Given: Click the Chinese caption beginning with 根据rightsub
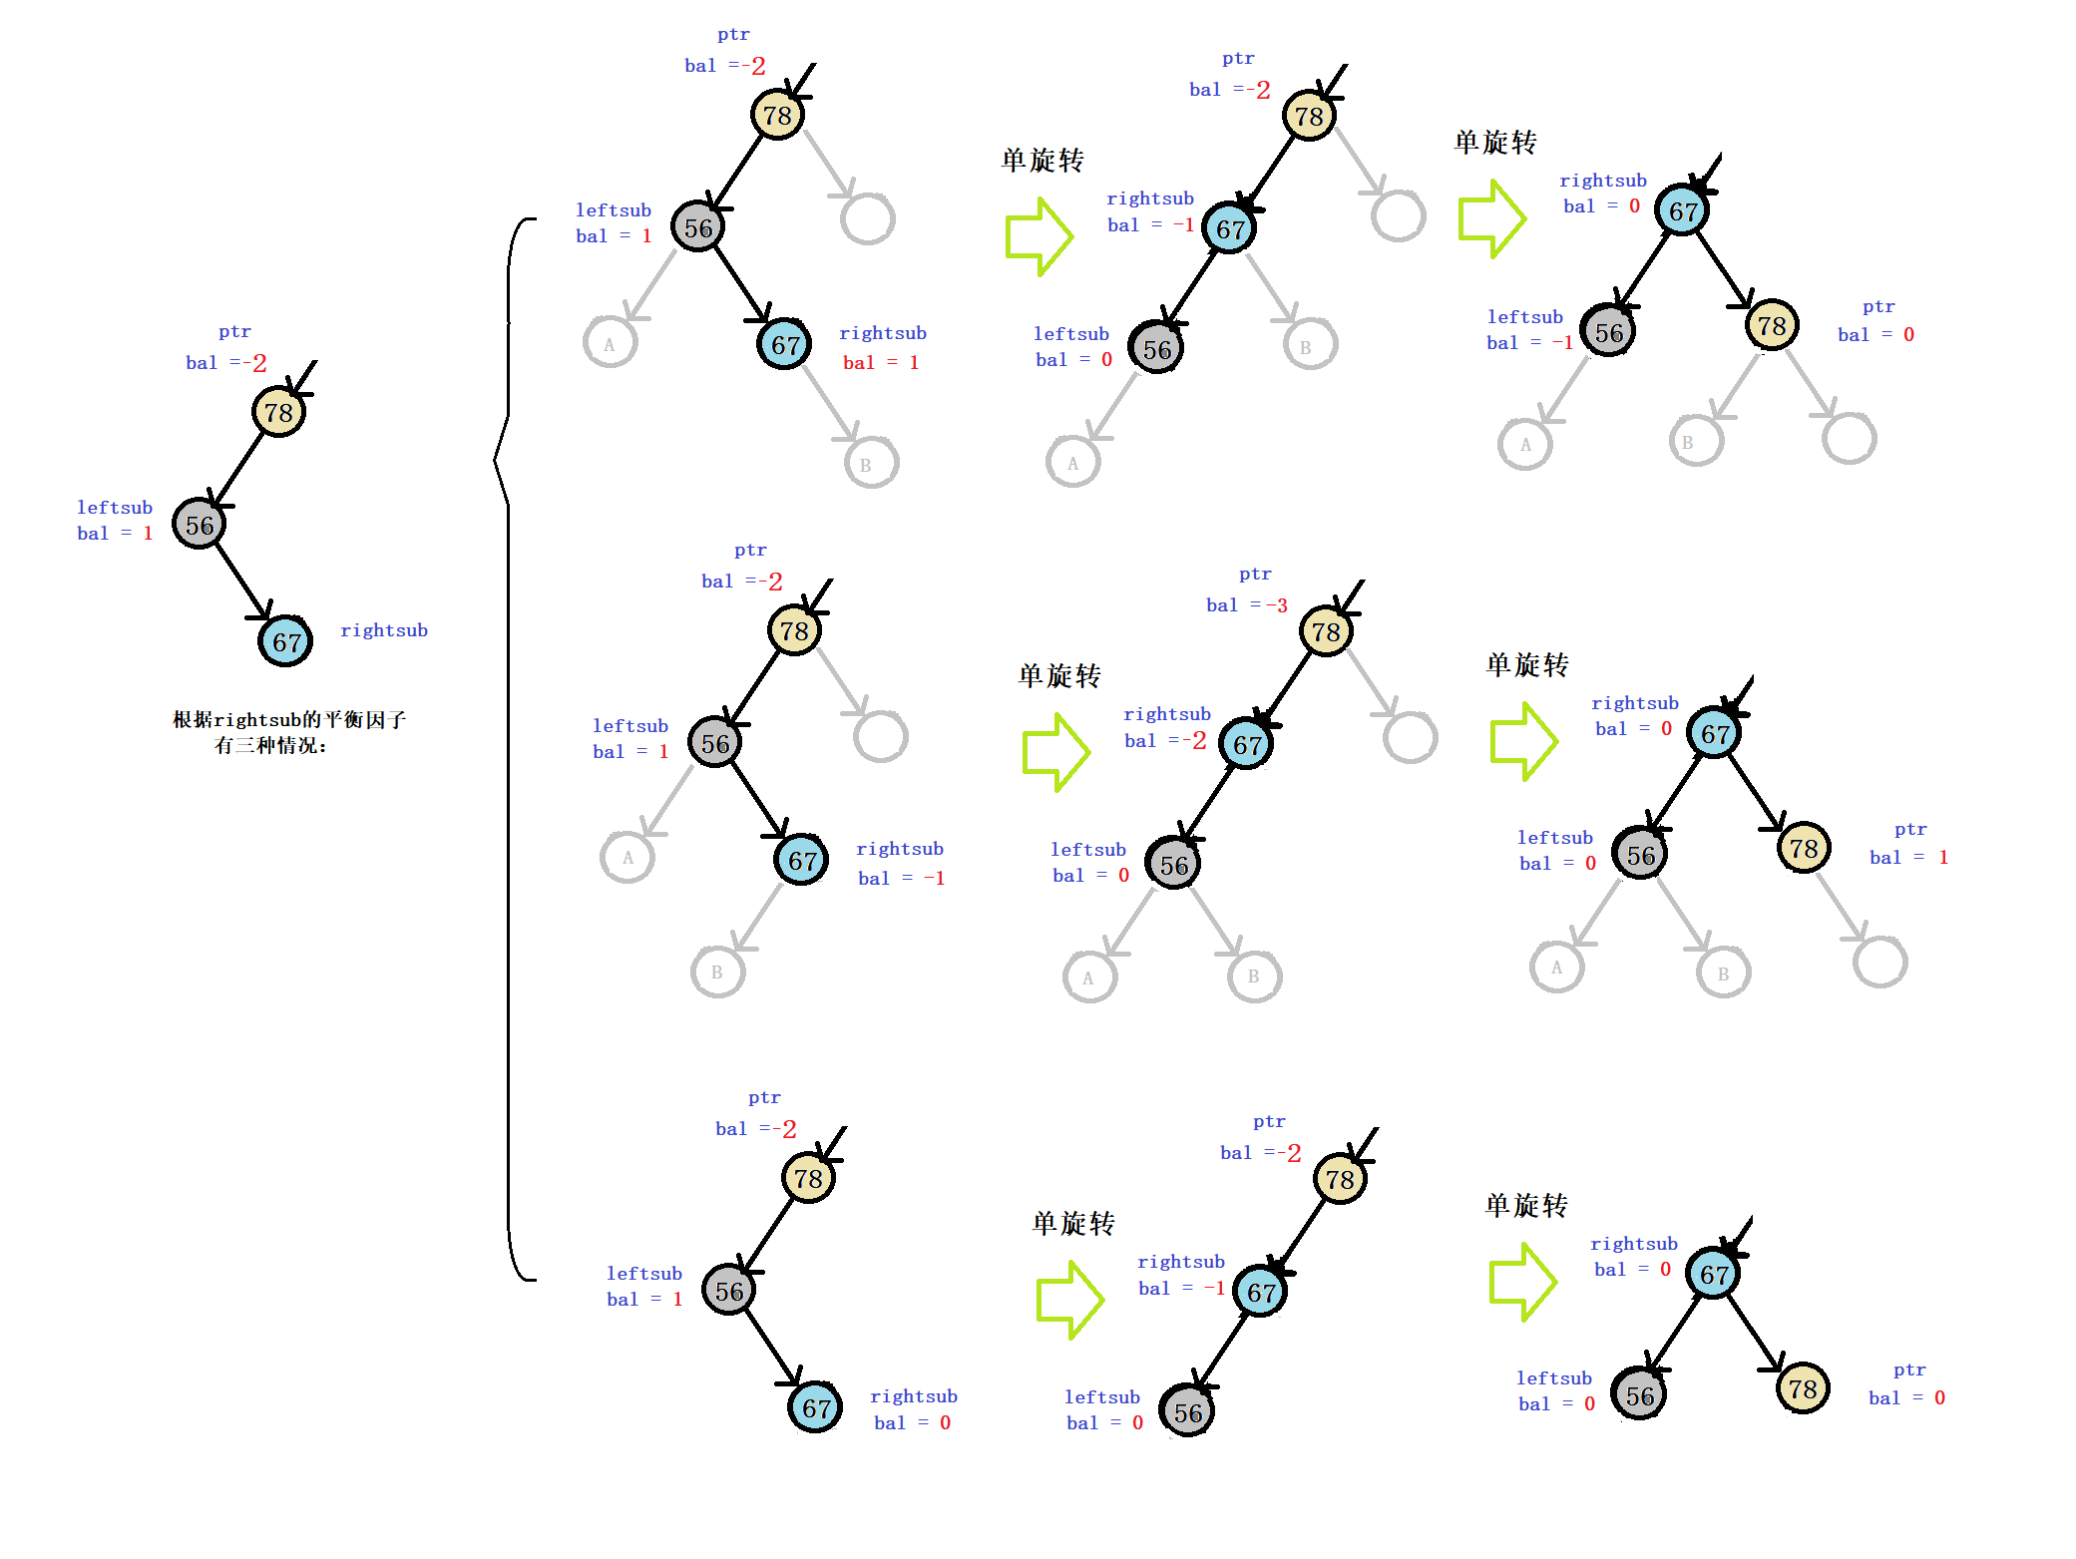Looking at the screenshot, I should (288, 732).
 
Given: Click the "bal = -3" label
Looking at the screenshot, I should (1246, 604).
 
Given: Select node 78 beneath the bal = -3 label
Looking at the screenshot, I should (1326, 631).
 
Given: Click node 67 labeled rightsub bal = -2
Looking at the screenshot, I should (1247, 744).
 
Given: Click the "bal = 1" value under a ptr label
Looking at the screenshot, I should (1907, 857).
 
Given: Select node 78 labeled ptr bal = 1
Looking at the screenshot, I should (1804, 849).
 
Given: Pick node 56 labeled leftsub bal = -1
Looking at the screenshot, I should (1608, 332).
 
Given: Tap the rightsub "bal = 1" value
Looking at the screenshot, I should (880, 362).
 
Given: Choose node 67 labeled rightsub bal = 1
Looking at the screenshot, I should (785, 345).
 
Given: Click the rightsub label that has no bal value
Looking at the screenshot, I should (384, 629).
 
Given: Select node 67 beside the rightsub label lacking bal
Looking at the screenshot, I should (286, 641).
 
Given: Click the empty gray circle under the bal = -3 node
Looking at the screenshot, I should (1411, 737).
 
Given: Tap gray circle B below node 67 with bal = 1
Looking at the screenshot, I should (871, 464).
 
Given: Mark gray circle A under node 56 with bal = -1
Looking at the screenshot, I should (1525, 445).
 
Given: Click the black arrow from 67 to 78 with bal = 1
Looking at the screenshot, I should (1756, 793).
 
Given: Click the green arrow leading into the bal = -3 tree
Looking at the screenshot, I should (1055, 752).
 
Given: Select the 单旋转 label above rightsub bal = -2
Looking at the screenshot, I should (1058, 675).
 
